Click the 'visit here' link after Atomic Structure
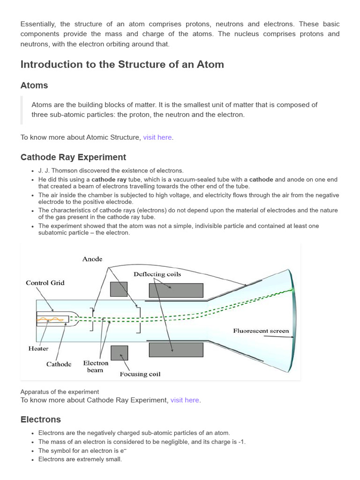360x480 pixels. point(157,137)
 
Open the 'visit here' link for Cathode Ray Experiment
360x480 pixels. point(185,400)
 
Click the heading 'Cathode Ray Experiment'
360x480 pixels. point(73,157)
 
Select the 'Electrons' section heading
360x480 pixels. point(41,420)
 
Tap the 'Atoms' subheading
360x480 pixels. point(34,85)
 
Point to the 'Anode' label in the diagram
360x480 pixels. point(92,259)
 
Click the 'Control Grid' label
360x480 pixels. point(45,283)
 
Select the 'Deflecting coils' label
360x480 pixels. point(157,274)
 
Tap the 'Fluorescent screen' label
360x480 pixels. point(261,331)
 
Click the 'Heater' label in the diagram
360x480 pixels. point(38,349)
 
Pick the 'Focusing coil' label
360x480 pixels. point(140,374)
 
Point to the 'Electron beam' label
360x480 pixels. point(96,367)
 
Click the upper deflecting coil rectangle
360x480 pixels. point(176,291)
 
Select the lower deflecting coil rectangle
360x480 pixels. point(176,350)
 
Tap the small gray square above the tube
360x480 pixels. point(119,289)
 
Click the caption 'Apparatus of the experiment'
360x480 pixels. point(60,392)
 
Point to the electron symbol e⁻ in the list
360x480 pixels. point(123,450)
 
